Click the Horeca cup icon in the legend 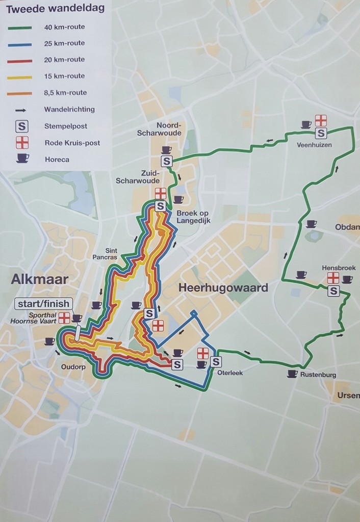22,159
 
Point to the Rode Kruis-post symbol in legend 22,142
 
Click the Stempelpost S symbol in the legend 22,126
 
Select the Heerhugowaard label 223,288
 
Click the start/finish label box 43,304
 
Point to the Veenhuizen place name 314,145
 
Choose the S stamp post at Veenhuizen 321,134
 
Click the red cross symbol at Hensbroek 333,278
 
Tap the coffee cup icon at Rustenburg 292,374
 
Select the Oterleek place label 229,373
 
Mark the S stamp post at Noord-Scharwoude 166,162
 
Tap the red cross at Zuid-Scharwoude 160,193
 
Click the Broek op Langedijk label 193,217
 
